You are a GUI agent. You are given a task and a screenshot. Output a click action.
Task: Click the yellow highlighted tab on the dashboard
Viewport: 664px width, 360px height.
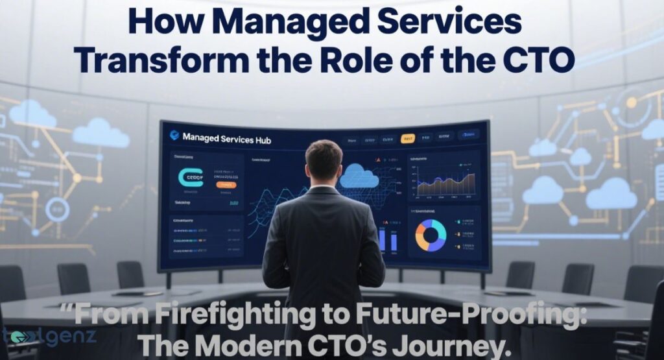408,138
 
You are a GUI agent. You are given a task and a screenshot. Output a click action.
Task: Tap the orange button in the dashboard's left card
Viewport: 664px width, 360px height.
226,184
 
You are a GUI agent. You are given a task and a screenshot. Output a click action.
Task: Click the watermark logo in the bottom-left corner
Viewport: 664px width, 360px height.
49,337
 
